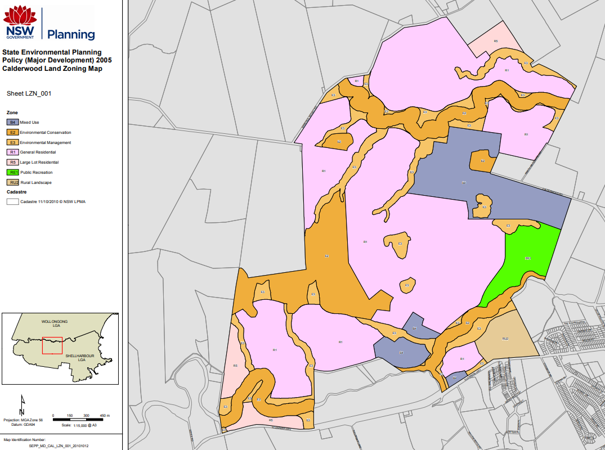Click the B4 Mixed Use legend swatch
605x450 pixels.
click(x=12, y=121)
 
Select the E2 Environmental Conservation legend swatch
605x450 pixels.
click(x=12, y=132)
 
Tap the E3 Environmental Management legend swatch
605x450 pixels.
click(x=12, y=142)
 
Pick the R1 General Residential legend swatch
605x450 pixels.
click(x=12, y=152)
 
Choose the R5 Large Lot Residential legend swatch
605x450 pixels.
click(x=12, y=162)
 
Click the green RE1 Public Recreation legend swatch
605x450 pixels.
click(x=12, y=172)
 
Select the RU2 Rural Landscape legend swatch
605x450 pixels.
click(x=12, y=182)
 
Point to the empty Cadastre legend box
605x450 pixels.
click(x=12, y=201)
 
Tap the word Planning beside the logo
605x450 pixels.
click(x=71, y=34)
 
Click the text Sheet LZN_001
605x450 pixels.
click(x=29, y=93)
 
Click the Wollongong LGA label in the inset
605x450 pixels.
click(x=55, y=323)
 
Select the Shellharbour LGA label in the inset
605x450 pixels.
click(x=78, y=358)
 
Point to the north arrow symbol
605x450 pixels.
click(x=22, y=404)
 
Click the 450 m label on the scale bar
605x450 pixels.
click(x=104, y=415)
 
